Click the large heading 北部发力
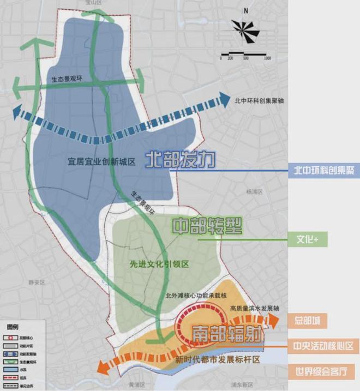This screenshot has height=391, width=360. [181, 160]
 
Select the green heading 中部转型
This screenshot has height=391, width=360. [207, 226]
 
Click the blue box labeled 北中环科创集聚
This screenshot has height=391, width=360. [323, 171]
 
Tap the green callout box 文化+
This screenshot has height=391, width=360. [323, 239]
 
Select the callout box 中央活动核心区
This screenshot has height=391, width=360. [323, 346]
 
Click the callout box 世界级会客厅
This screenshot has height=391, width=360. [323, 372]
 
